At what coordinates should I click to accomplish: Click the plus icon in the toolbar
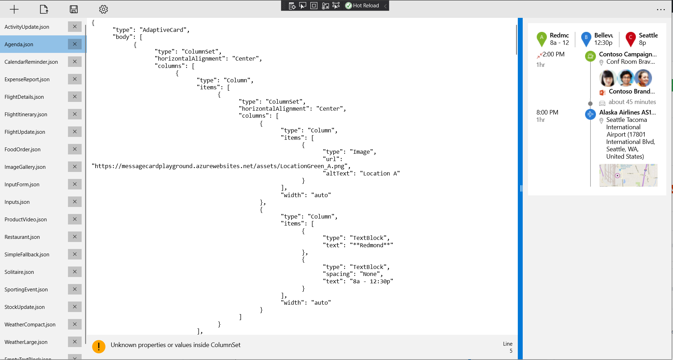point(14,9)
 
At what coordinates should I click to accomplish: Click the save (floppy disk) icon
point(74,9)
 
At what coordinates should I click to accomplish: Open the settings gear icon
point(103,9)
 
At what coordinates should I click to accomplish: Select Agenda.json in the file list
point(19,44)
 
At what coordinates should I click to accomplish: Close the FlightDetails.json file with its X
point(75,97)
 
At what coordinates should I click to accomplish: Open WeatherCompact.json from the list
point(30,325)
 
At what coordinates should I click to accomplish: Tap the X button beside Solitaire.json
point(75,272)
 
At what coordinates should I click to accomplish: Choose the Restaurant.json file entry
point(22,237)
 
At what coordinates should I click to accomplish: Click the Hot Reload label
point(366,6)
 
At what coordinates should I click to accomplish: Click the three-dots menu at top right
point(661,10)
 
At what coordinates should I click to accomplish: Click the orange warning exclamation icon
point(99,347)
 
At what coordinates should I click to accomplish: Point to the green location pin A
point(541,39)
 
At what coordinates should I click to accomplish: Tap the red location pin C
point(630,39)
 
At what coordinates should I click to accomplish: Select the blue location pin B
point(586,39)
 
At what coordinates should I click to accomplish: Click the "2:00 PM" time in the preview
point(553,54)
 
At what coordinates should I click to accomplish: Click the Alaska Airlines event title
point(627,112)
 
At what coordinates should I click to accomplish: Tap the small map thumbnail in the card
point(628,175)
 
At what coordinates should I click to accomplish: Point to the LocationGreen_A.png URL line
point(221,166)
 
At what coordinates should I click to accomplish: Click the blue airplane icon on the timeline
point(590,114)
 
